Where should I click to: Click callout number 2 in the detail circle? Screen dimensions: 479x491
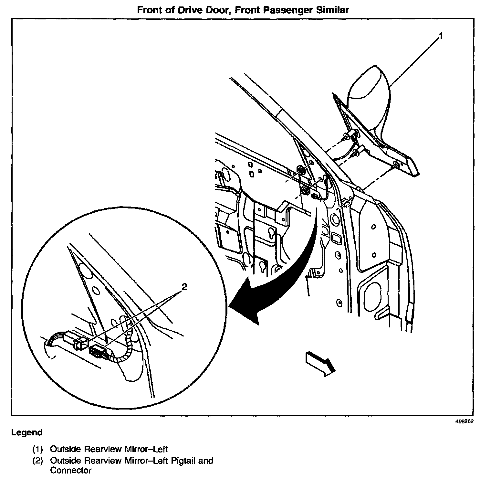click(184, 286)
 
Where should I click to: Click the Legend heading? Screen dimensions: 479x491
click(27, 432)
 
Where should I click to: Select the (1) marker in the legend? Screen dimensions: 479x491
click(37, 449)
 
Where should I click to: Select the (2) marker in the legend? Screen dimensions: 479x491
click(37, 460)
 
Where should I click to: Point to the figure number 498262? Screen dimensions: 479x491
click(464, 421)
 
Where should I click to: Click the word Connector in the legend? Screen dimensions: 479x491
click(71, 471)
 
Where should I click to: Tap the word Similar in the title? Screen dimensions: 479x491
click(333, 10)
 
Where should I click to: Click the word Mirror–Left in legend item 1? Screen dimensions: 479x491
click(148, 449)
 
